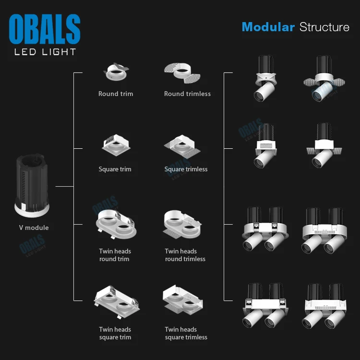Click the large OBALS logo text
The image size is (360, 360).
click(x=45, y=29)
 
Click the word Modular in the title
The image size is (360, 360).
click(x=268, y=27)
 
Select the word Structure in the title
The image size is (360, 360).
click(x=324, y=27)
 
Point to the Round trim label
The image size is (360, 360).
click(x=116, y=94)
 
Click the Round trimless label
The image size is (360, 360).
click(x=187, y=94)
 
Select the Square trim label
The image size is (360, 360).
click(x=115, y=169)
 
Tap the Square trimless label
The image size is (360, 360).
click(x=186, y=169)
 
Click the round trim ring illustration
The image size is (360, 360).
click(x=116, y=72)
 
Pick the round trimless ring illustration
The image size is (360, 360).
click(x=181, y=72)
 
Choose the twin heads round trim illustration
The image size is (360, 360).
click(x=116, y=223)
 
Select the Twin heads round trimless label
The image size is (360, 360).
click(x=185, y=255)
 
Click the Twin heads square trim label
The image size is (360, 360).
click(x=115, y=333)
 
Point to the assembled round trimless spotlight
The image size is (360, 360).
click(x=323, y=79)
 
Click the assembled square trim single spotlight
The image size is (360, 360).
click(x=264, y=146)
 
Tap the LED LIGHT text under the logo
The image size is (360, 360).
click(x=45, y=51)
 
